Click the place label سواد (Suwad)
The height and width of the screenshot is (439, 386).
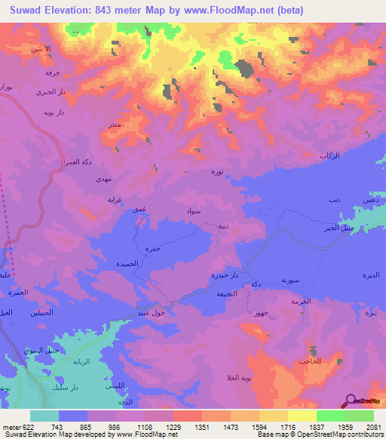[193, 213]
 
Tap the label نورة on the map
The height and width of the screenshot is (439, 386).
[217, 173]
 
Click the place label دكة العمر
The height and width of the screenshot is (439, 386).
[76, 161]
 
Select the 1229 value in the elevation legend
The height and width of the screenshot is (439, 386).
[173, 427]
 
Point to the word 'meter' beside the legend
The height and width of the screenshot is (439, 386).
[11, 427]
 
